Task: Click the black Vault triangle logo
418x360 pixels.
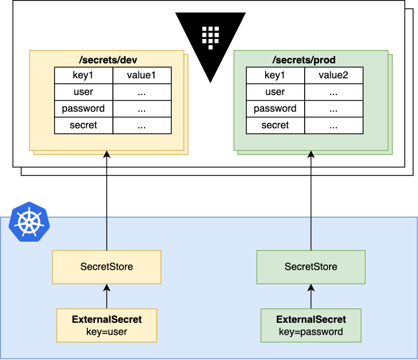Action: click(211, 42)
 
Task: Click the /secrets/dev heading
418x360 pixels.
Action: click(106, 59)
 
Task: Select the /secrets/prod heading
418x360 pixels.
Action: click(311, 59)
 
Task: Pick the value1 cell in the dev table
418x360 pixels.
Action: click(142, 76)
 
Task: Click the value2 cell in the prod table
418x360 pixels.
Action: click(334, 76)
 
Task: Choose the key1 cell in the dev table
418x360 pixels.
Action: click(83, 76)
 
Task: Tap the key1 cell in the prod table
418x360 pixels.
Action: click(275, 76)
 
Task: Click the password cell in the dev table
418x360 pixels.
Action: click(83, 109)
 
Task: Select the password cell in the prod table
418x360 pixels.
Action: click(275, 109)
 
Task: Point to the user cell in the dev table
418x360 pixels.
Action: click(83, 92)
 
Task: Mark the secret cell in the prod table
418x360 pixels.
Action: click(275, 126)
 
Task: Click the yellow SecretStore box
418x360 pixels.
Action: click(107, 267)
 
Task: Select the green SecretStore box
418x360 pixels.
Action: click(311, 267)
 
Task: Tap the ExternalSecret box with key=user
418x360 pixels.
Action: click(107, 326)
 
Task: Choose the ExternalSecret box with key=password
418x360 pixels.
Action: click(311, 326)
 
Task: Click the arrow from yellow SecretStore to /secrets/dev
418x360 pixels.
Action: click(107, 200)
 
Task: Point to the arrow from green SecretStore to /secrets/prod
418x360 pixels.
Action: click(311, 200)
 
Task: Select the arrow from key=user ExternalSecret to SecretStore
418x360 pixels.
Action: click(107, 296)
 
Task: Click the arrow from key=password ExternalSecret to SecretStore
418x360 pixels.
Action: click(311, 296)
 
